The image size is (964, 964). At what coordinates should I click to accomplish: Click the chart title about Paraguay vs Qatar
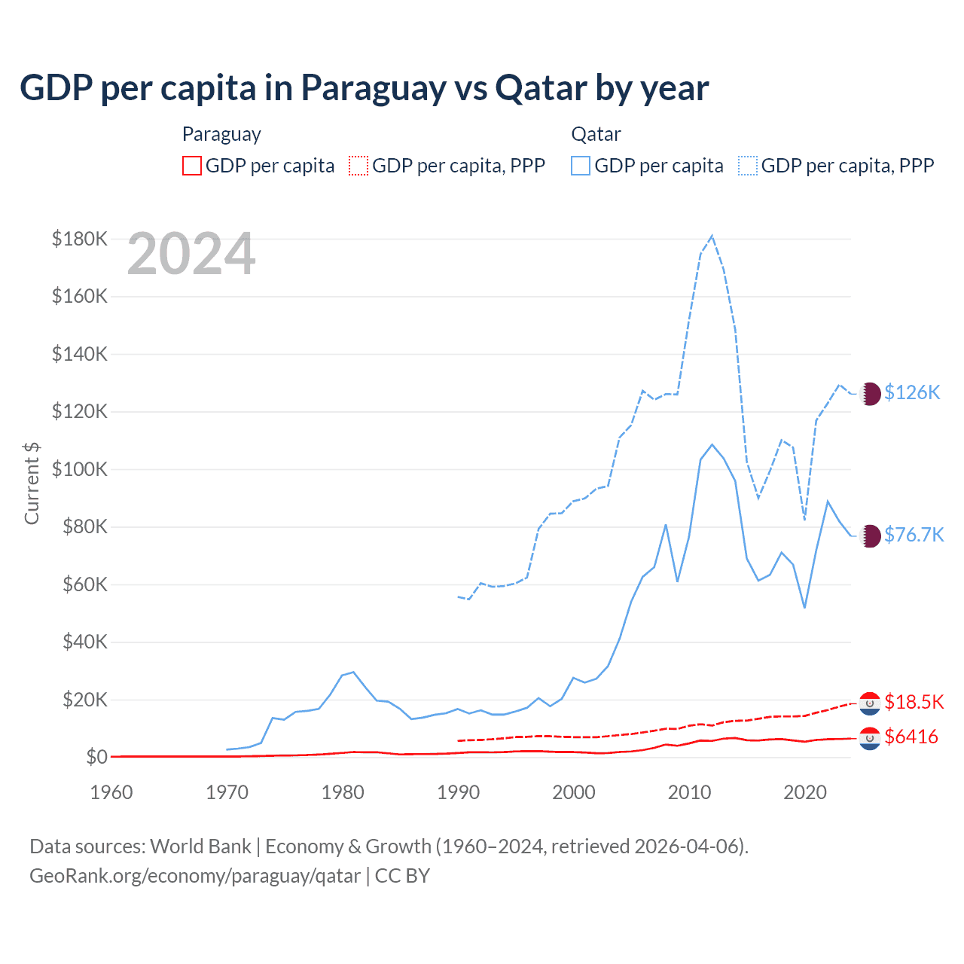[x=364, y=88]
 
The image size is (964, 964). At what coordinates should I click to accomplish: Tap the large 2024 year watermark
[x=191, y=255]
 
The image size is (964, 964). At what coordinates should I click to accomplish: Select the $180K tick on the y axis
[x=80, y=239]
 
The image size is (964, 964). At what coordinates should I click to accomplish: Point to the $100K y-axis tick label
[x=80, y=469]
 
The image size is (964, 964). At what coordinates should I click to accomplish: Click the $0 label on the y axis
[x=96, y=757]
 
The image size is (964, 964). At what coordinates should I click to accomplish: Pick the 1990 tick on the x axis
[x=458, y=792]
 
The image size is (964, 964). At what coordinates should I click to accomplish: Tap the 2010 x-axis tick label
[x=689, y=792]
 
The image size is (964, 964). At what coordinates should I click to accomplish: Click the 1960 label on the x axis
[x=111, y=792]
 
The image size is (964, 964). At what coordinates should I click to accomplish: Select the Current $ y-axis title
[x=32, y=483]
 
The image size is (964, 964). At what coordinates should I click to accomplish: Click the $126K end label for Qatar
[x=912, y=392]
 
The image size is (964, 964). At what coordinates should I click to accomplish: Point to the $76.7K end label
[x=914, y=535]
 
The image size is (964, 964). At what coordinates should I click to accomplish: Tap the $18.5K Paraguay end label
[x=914, y=702]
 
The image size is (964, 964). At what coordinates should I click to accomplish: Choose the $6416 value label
[x=911, y=737]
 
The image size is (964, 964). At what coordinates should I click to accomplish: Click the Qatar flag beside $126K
[x=870, y=393]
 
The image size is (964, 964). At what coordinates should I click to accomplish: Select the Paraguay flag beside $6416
[x=870, y=738]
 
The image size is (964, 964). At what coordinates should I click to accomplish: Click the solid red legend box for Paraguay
[x=192, y=166]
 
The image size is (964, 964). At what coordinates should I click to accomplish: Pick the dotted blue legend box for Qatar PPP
[x=748, y=166]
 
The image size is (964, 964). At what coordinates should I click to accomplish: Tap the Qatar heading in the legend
[x=596, y=134]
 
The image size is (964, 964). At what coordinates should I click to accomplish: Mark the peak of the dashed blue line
[x=712, y=236]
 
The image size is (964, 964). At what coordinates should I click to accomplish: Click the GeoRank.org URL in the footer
[x=194, y=876]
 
